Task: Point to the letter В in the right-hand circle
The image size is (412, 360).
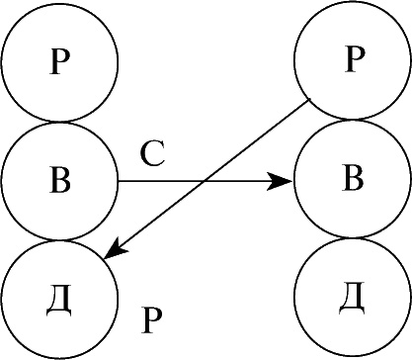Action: click(x=353, y=180)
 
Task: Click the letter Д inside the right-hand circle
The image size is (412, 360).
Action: click(x=353, y=298)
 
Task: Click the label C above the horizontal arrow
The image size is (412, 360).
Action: click(x=152, y=154)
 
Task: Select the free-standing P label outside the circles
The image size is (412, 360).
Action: click(x=152, y=320)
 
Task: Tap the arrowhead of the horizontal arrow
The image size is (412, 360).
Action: click(x=280, y=181)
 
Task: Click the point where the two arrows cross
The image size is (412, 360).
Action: click(x=205, y=181)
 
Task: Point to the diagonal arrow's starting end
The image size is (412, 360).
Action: click(x=309, y=99)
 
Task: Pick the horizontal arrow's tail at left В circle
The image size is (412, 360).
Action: click(x=119, y=181)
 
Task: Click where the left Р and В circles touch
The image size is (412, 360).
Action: click(x=59, y=122)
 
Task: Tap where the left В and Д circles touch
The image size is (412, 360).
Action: click(x=59, y=240)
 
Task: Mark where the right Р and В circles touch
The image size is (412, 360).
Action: click(x=353, y=120)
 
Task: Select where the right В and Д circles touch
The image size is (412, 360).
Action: click(x=353, y=237)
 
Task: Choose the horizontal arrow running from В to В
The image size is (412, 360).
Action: click(x=206, y=181)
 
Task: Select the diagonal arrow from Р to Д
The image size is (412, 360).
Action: click(x=206, y=179)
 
